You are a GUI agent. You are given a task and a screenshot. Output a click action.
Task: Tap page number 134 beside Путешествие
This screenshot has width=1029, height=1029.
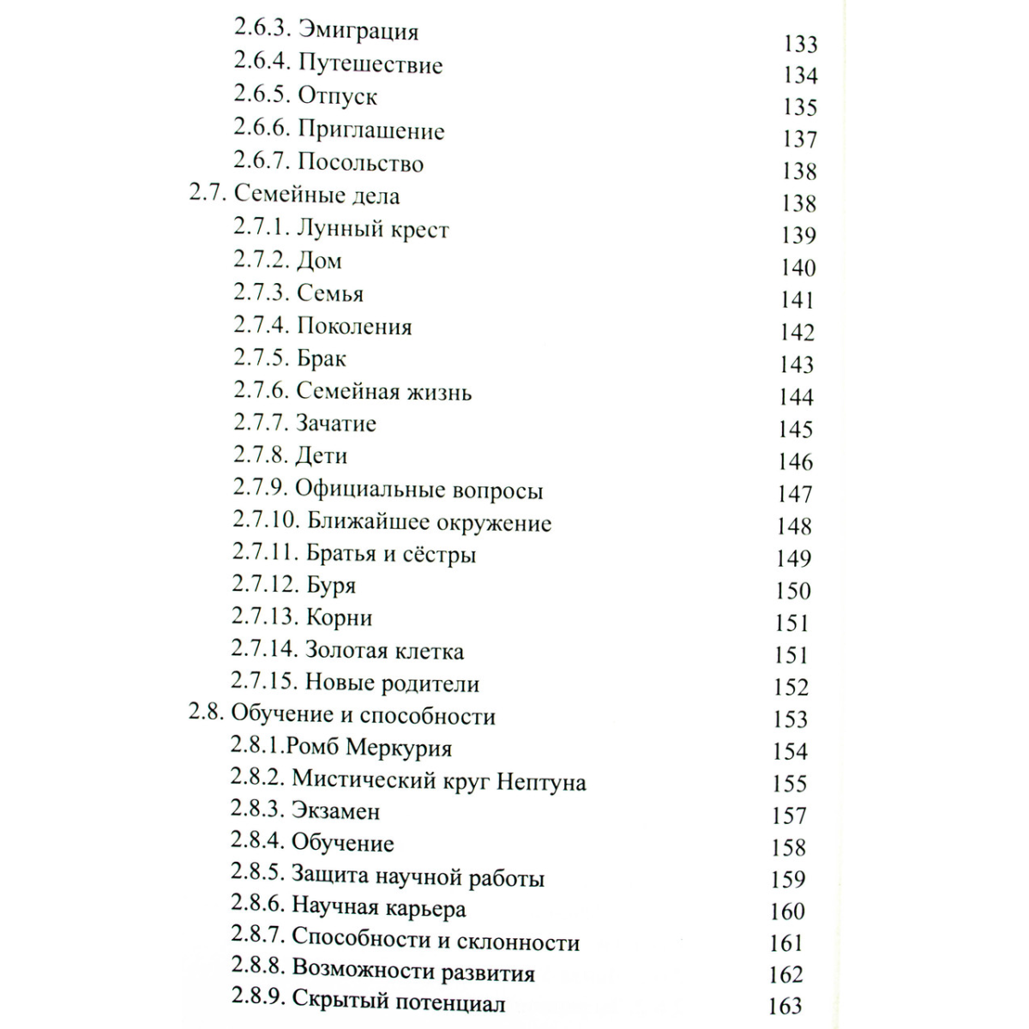(x=799, y=75)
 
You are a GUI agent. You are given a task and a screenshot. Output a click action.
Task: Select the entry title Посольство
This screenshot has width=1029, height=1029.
(x=360, y=163)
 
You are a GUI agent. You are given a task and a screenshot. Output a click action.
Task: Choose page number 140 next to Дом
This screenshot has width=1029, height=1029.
(x=797, y=268)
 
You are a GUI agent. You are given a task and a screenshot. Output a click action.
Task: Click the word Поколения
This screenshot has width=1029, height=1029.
(x=354, y=327)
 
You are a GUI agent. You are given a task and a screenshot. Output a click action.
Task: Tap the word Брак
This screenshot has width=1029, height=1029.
(x=322, y=358)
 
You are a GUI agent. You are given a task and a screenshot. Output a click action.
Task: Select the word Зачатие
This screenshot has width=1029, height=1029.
(x=336, y=424)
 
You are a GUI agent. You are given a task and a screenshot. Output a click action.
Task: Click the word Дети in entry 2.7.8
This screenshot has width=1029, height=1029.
(x=322, y=456)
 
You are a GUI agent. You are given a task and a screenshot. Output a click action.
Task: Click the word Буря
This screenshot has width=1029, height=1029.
(x=331, y=587)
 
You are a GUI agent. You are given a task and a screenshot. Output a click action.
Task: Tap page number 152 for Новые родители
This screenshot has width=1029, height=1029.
(x=791, y=687)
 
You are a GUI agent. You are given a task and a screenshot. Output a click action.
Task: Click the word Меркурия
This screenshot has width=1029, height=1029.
(x=399, y=748)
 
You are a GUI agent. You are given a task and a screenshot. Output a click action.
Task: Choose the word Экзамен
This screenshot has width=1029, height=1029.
(x=335, y=811)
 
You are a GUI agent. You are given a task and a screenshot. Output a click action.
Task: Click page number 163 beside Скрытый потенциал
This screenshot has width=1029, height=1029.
(x=785, y=1006)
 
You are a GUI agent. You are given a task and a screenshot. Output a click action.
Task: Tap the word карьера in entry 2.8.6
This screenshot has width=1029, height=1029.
(x=426, y=908)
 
